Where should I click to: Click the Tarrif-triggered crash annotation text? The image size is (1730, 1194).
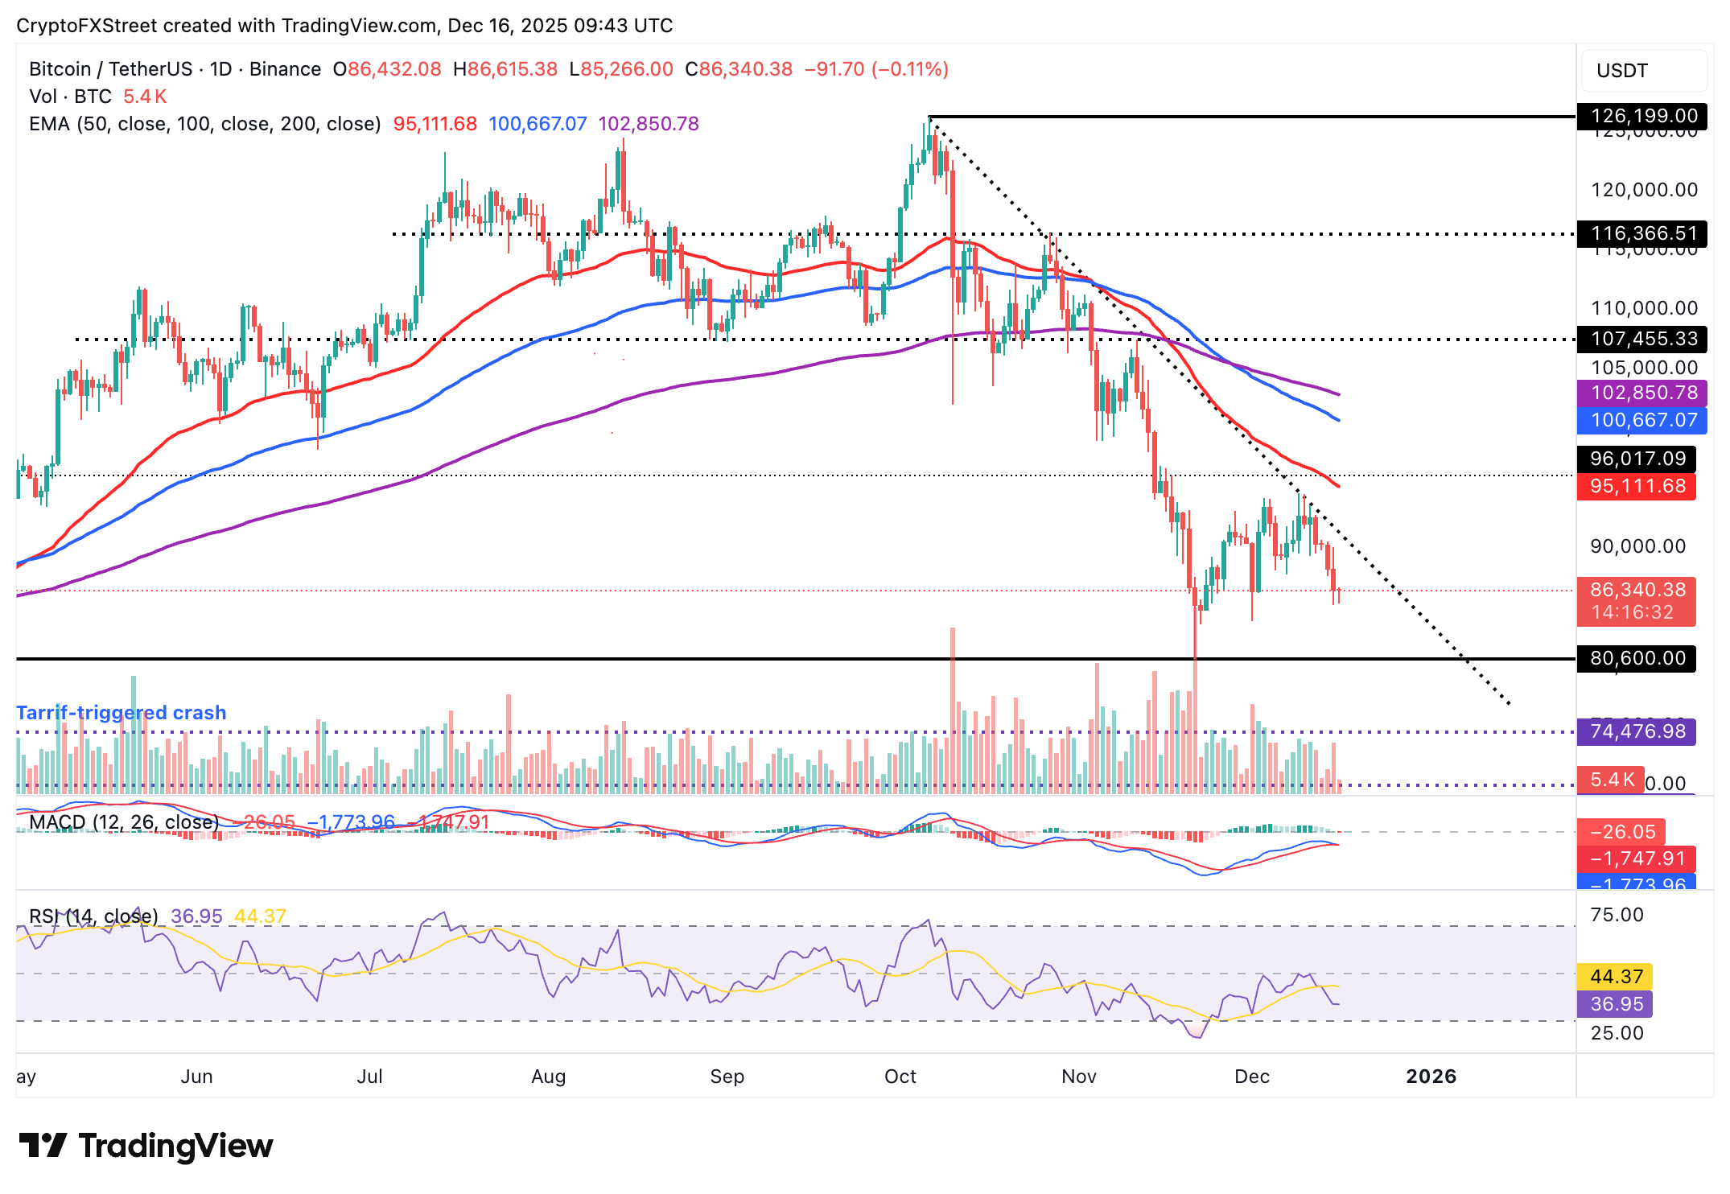(x=122, y=713)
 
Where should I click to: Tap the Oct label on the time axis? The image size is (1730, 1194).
(x=900, y=1077)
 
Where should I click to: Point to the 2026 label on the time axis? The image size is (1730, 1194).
(x=1431, y=1077)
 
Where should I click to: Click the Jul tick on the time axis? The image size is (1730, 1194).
(x=369, y=1077)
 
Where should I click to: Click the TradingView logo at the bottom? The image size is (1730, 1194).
(x=146, y=1146)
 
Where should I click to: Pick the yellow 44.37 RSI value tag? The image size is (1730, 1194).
(x=1616, y=977)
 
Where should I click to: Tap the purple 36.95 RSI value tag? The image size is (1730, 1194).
(x=1616, y=1004)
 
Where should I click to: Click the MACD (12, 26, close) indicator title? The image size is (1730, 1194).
(x=124, y=822)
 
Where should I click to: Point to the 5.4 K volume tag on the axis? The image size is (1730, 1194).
(x=1612, y=780)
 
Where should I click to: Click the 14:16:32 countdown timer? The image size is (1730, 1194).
(x=1632, y=613)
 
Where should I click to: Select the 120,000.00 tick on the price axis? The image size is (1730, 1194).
(x=1643, y=190)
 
